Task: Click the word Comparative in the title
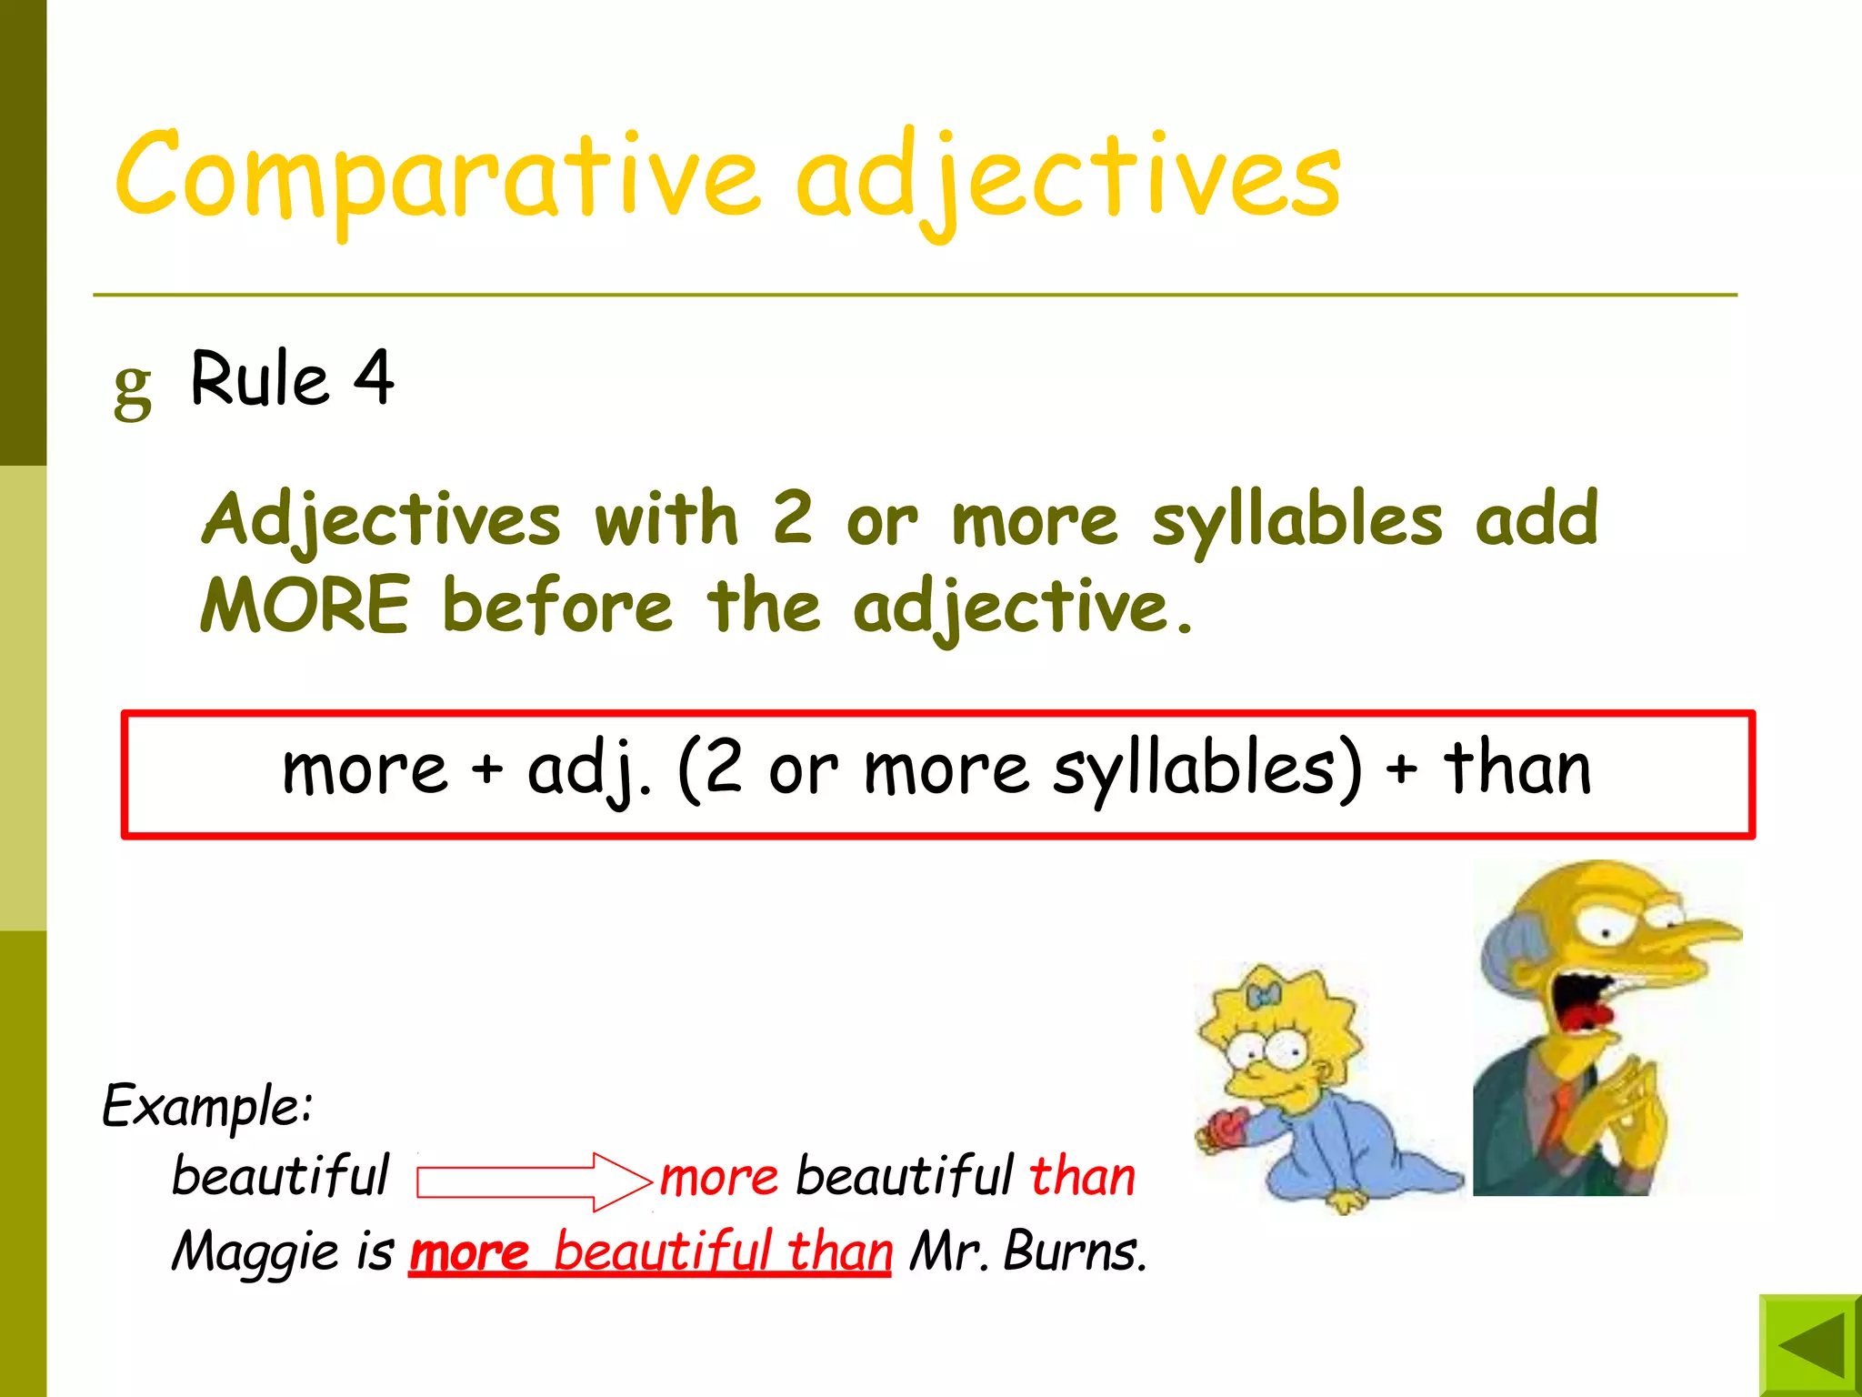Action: point(436,176)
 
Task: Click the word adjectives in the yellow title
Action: point(1068,177)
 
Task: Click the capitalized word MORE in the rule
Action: point(305,605)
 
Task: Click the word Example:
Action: point(207,1107)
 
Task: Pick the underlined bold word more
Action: point(469,1252)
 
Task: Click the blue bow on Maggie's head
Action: point(1264,996)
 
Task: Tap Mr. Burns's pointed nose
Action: point(1700,931)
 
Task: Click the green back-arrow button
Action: point(1810,1345)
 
